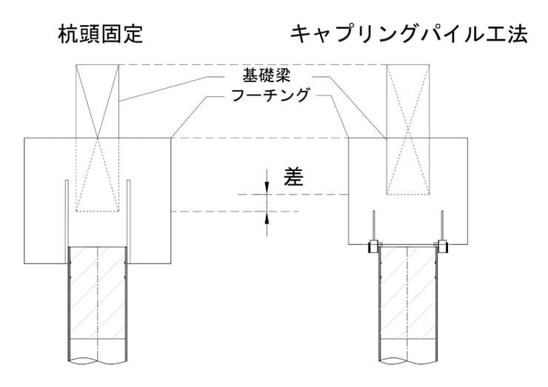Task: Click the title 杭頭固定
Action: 101,34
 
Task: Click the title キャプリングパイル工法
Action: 409,34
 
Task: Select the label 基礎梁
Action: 267,75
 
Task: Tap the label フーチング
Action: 270,95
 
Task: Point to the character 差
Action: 293,176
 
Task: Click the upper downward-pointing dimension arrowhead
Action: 267,188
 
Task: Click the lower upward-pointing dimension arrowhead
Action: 267,218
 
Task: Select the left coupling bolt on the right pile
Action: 373,246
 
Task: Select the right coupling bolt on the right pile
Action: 442,246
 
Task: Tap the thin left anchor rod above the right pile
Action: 374,226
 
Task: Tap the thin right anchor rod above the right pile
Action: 442,226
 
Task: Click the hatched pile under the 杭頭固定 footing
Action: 98,304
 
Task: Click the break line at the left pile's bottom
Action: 98,359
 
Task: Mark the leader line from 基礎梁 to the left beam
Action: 171,88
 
